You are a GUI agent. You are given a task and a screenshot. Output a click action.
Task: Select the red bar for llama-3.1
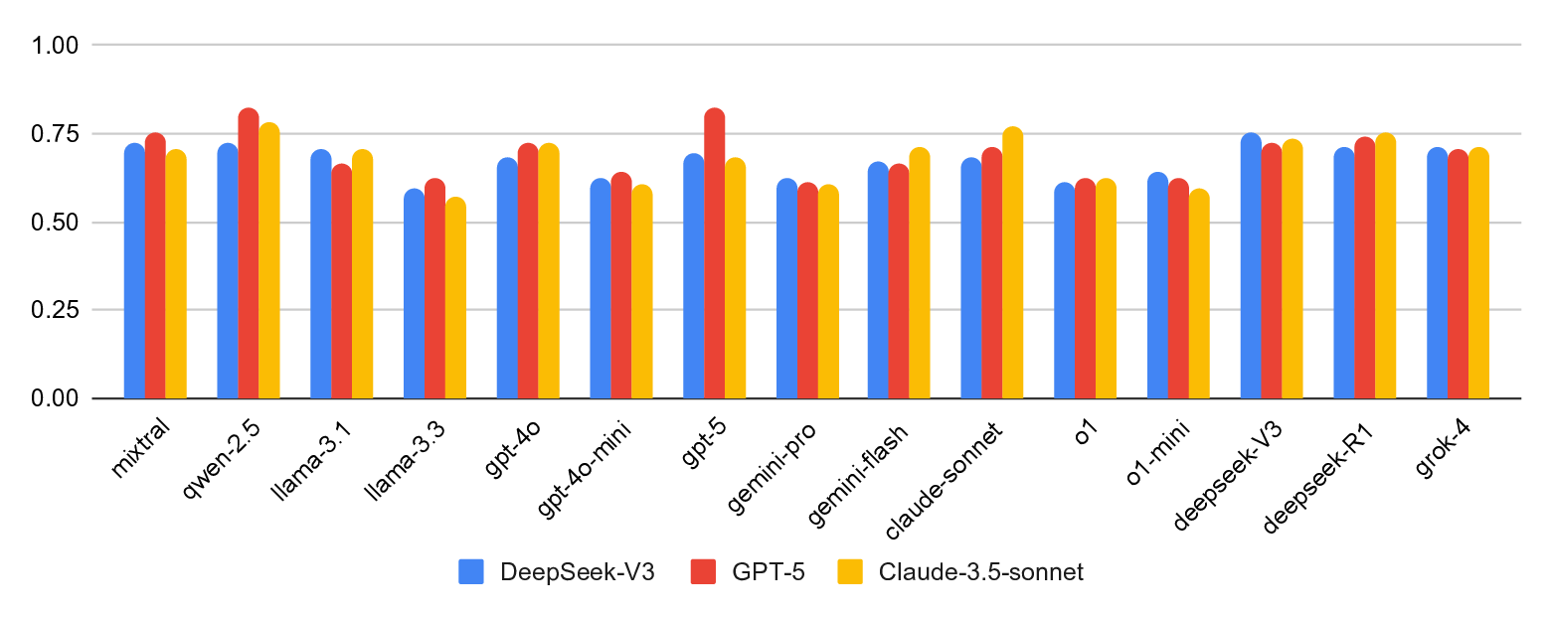tap(341, 282)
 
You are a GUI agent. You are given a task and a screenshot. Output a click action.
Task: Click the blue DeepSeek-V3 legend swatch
tap(470, 572)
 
